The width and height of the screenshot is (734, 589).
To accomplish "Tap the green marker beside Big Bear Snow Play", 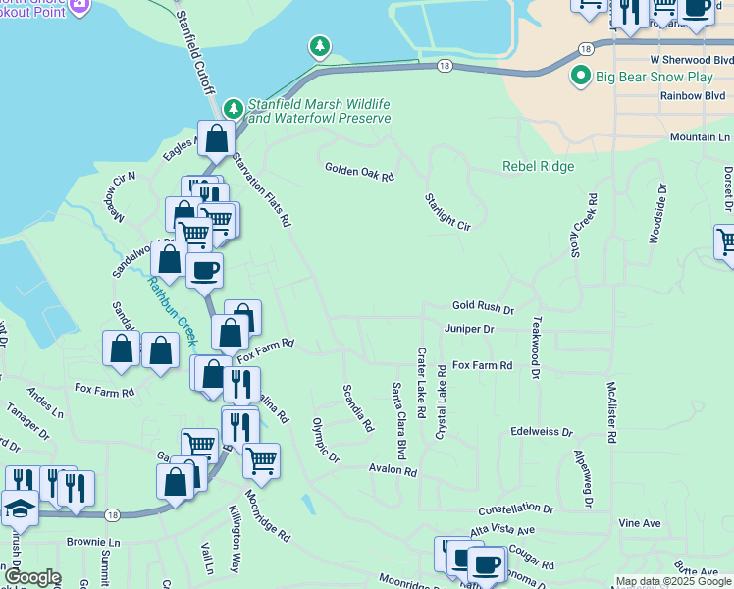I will pyautogui.click(x=581, y=76).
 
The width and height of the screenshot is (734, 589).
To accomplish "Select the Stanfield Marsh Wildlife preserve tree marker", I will pyautogui.click(x=233, y=106).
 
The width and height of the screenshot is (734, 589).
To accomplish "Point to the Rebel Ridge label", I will pyautogui.click(x=538, y=166).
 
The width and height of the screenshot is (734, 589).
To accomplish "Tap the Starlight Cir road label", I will pyautogui.click(x=447, y=211).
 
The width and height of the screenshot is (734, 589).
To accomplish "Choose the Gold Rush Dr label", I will pyautogui.click(x=483, y=308).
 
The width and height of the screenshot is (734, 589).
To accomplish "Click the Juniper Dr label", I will pyautogui.click(x=468, y=329).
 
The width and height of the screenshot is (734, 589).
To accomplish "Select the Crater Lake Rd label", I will pyautogui.click(x=422, y=379).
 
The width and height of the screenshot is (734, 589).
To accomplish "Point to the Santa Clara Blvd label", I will pyautogui.click(x=400, y=420).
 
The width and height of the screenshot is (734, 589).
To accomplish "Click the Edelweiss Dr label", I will pyautogui.click(x=542, y=431).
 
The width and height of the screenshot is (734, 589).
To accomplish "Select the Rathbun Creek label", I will pyautogui.click(x=172, y=309).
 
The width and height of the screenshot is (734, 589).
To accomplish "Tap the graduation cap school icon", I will pyautogui.click(x=19, y=509).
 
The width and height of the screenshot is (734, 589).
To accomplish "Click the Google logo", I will pyautogui.click(x=31, y=578).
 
